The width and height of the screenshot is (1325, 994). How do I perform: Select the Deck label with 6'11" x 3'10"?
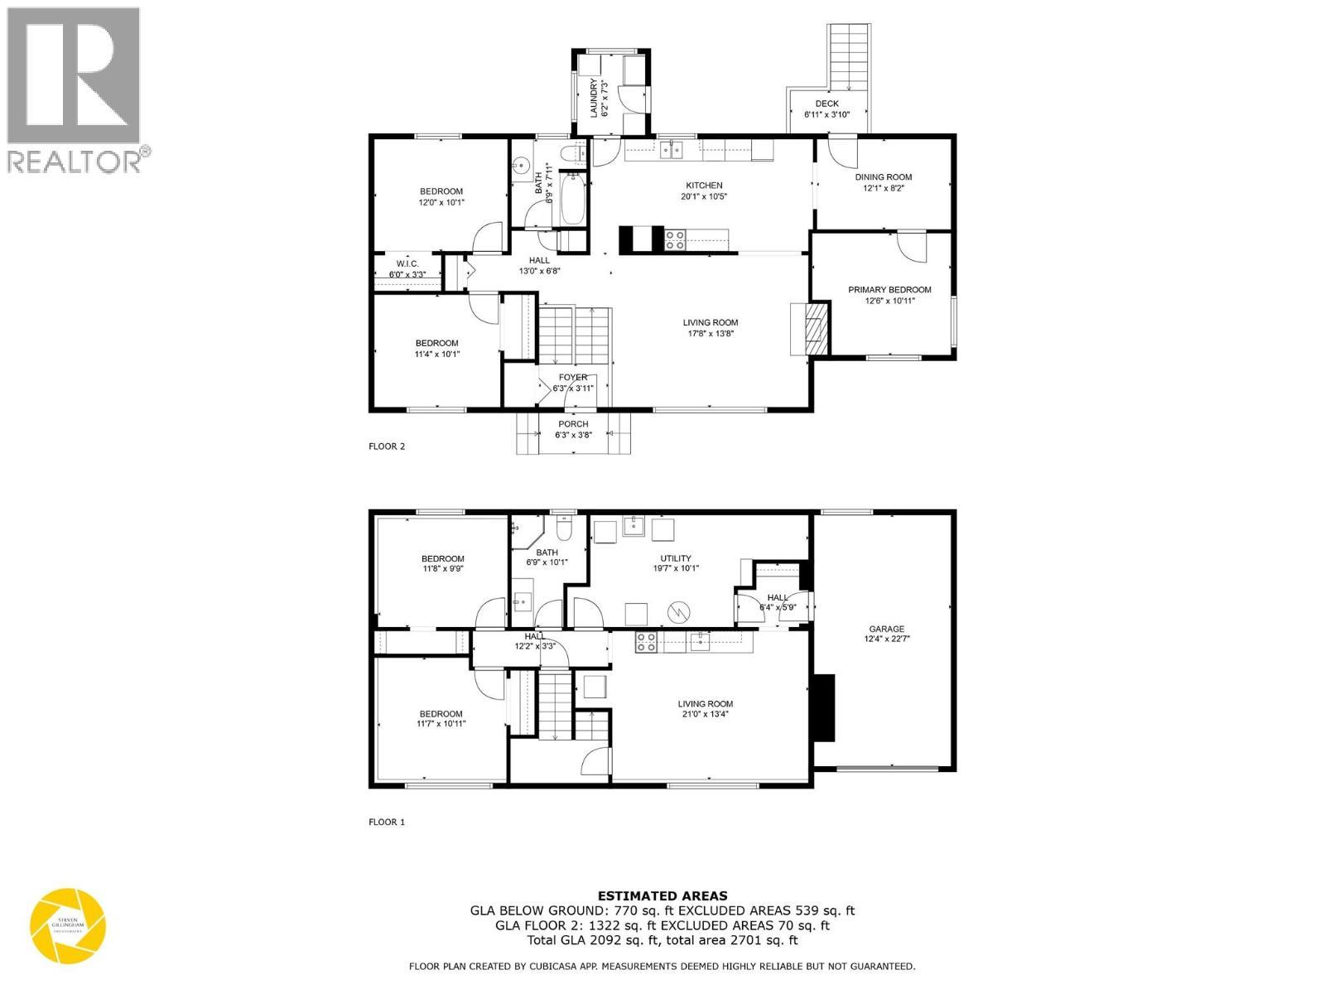[x=826, y=109]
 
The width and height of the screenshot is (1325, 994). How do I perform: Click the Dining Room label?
[x=883, y=182]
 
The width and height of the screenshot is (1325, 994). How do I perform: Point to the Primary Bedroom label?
[x=889, y=295]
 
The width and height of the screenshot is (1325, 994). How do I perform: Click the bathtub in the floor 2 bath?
[x=573, y=199]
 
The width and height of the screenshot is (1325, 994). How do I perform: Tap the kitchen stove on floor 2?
[x=675, y=240]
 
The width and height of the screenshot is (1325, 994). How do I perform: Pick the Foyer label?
[x=572, y=383]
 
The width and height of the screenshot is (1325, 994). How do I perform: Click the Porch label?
[x=572, y=429]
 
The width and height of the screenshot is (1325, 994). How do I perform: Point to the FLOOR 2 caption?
[x=387, y=446]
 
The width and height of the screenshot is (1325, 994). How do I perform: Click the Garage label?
[x=886, y=634]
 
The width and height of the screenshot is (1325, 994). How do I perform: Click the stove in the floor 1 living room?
[x=646, y=642]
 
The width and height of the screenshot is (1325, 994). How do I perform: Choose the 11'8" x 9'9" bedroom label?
[x=442, y=564]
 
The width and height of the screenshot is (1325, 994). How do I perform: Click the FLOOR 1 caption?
[x=387, y=823]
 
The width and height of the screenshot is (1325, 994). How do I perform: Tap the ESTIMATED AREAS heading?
[x=662, y=895]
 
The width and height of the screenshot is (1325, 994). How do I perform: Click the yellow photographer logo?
[x=68, y=925]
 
